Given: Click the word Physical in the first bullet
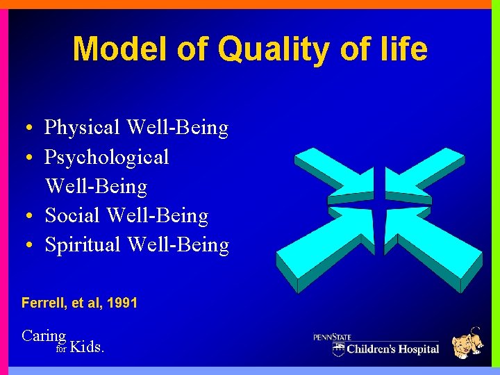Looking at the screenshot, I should coord(83,128).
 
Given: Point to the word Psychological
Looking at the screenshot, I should coord(106,157).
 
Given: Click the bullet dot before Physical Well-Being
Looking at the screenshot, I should coord(25,129).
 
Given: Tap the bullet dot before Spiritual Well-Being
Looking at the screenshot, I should coord(25,247).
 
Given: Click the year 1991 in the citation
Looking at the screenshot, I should coord(122,303).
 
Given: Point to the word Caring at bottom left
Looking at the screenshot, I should coord(44,336).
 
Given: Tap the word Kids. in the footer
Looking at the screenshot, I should coord(87,347).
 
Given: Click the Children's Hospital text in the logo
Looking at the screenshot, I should coord(392,349).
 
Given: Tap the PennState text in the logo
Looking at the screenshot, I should coord(332,337).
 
